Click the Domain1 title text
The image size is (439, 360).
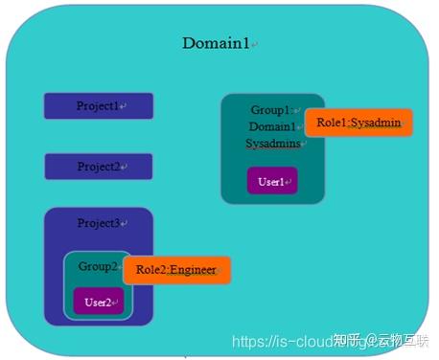(x=219, y=44)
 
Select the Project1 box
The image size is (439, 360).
(x=99, y=106)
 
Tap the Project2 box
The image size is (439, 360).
(x=99, y=167)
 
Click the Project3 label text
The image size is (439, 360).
(x=99, y=223)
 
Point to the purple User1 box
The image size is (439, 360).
(x=272, y=182)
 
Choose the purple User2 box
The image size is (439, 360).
(x=99, y=302)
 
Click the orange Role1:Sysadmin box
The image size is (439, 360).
(x=358, y=124)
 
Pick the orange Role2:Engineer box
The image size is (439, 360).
(x=177, y=271)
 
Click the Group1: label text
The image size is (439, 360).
(x=272, y=110)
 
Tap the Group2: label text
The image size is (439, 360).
(x=97, y=267)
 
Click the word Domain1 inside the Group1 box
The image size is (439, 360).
(x=273, y=127)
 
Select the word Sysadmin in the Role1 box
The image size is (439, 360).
(x=376, y=124)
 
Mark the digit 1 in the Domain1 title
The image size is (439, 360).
(x=247, y=44)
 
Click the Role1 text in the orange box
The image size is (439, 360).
(x=332, y=124)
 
